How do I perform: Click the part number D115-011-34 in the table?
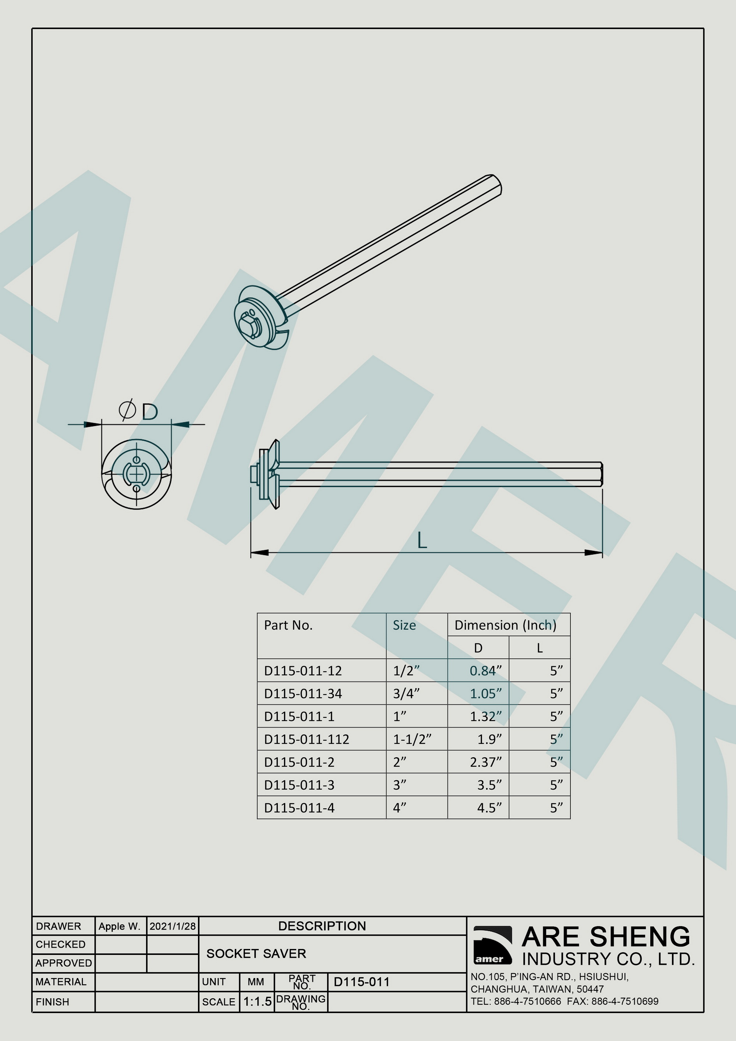[x=303, y=694]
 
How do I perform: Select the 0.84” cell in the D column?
[x=485, y=671]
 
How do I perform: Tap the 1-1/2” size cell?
[x=412, y=740]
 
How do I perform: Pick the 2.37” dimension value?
[x=485, y=762]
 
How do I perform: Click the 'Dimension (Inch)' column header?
[x=505, y=625]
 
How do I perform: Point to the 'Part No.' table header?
[x=288, y=626]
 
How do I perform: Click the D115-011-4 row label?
[x=299, y=808]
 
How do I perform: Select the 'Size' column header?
[x=404, y=626]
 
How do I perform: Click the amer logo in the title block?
[x=492, y=945]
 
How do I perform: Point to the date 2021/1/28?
[x=172, y=926]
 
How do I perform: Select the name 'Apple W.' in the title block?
[x=119, y=926]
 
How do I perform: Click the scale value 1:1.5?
[x=257, y=1002]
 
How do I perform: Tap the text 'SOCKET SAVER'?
[x=256, y=953]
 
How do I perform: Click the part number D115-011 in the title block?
[x=361, y=982]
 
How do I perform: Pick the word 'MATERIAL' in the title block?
[x=61, y=982]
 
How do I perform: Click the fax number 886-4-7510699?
[x=624, y=1001]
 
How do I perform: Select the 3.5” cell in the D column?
[x=489, y=785]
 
